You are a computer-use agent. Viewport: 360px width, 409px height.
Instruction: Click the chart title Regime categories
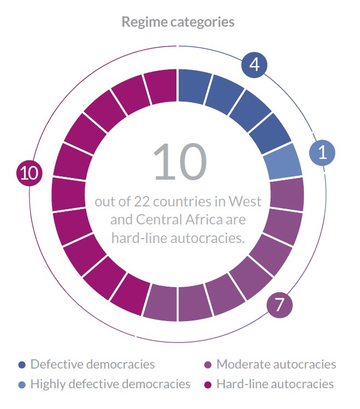178,22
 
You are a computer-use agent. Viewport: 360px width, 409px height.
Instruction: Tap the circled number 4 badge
254,65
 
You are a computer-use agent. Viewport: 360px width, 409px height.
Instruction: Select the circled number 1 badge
322,152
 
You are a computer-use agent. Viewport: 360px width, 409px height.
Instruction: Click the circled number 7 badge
280,304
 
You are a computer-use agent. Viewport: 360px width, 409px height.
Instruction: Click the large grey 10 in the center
180,162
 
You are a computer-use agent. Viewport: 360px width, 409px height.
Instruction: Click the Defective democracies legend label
93,364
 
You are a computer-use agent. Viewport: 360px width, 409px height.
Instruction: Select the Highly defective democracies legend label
110,384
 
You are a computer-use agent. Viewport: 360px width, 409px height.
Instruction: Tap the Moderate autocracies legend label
276,364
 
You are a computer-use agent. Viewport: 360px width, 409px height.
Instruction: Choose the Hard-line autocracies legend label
275,384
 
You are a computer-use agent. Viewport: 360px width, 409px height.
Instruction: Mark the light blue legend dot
22,384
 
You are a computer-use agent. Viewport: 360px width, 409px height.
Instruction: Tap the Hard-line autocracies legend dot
208,384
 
